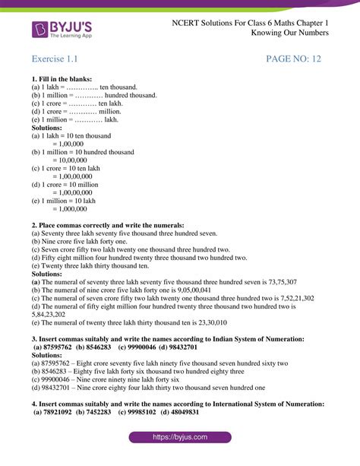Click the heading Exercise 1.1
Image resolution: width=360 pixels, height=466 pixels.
coord(55,59)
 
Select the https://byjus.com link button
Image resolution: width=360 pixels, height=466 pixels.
coord(180,439)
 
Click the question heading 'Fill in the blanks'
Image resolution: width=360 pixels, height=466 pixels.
coord(62,79)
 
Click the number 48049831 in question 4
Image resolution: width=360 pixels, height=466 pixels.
coord(182,411)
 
